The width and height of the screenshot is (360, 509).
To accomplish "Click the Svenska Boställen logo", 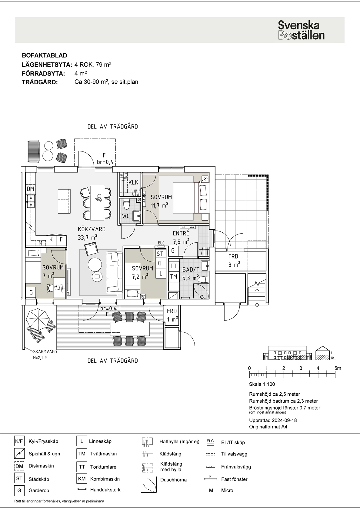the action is (x=301, y=30).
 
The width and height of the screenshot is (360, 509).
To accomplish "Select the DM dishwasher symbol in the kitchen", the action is (x=30, y=189).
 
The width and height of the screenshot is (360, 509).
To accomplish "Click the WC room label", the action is (x=126, y=216).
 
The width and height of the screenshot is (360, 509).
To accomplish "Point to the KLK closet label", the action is (x=133, y=182).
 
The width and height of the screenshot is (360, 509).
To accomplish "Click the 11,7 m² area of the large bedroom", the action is (x=159, y=205).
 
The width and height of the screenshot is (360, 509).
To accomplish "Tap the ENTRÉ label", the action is (x=181, y=233).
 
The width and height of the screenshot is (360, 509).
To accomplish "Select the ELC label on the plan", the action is (x=161, y=243).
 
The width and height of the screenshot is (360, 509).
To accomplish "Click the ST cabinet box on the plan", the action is (x=160, y=254).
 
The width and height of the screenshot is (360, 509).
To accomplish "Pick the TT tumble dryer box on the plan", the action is (x=174, y=266).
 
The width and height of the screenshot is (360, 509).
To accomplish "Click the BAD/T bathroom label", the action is (x=191, y=270).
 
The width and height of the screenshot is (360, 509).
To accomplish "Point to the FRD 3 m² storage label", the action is (x=234, y=261).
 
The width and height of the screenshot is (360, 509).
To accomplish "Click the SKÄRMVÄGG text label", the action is (x=45, y=351).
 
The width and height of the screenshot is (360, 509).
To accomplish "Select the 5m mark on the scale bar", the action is (x=338, y=368).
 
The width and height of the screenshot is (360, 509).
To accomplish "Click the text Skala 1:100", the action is (x=262, y=384).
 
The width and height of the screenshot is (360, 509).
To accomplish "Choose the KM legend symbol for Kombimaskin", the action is (x=82, y=479).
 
